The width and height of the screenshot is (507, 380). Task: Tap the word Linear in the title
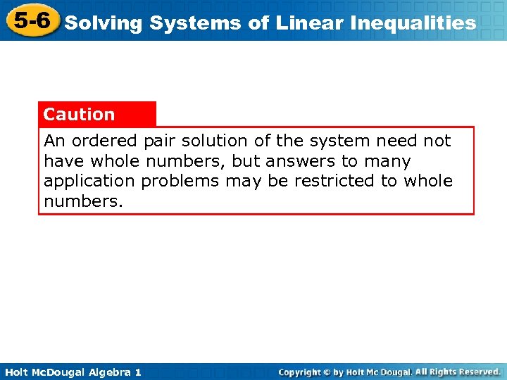pyautogui.click(x=305, y=23)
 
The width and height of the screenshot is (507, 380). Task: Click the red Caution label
pyautogui.click(x=79, y=114)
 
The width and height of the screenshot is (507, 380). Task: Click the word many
pyautogui.click(x=386, y=161)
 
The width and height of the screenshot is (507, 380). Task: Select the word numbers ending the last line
pyautogui.click(x=83, y=201)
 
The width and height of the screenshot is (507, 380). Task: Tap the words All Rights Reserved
pyautogui.click(x=458, y=372)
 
